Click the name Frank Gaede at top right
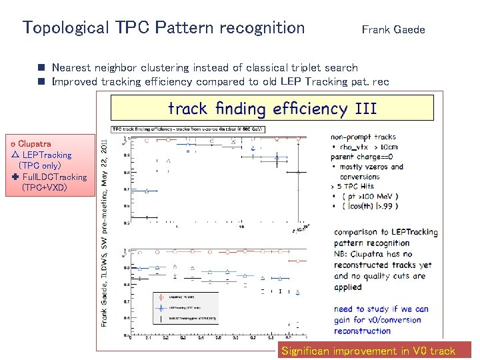[x=393, y=29]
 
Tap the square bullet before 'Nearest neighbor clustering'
[x=41, y=68]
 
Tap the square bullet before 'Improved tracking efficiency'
[x=41, y=82]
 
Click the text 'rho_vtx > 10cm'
[x=370, y=147]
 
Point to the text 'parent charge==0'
[x=365, y=157]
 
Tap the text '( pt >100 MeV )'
[x=369, y=196]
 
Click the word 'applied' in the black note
[x=348, y=287]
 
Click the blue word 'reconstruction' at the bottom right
[x=362, y=331]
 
